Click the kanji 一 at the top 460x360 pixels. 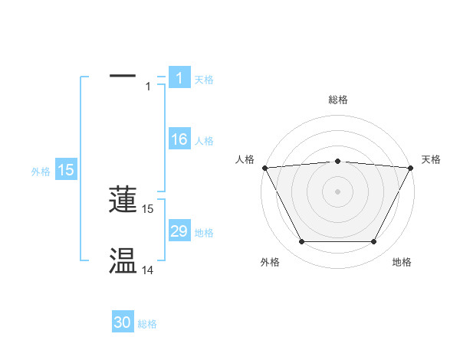pos(123,77)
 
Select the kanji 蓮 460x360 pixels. pos(123,199)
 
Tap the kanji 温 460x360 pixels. pos(123,261)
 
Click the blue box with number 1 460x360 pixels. pos(179,78)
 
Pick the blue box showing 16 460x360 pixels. pos(179,139)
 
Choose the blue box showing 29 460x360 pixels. pos(179,231)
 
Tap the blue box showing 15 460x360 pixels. pos(66,170)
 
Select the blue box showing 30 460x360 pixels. pos(123,323)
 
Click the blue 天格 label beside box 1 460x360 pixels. pos(204,79)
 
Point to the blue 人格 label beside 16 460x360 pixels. pos(204,141)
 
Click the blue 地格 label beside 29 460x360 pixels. pos(204,233)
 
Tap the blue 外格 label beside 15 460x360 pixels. pos(41,172)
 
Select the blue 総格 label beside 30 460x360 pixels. pos(147,325)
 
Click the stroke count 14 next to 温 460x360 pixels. pos(148,270)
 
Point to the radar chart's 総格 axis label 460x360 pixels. pos(337,100)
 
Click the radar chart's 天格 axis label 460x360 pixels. pos(432,159)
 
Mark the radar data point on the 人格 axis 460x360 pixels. pos(264,168)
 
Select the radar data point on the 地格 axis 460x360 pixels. pos(374,242)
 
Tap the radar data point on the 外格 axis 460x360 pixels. pos(301,242)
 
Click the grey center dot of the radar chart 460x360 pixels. pos(337,191)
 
